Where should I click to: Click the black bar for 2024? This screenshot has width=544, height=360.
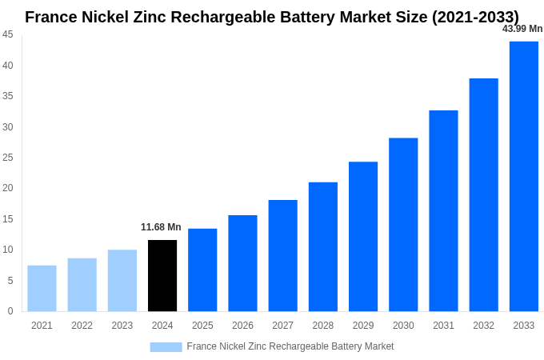162,275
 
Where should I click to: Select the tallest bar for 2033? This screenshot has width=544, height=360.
524,176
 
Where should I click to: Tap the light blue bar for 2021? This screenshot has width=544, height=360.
42,288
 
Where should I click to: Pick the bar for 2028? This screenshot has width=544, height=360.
323,246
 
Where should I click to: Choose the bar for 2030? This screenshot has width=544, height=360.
403,224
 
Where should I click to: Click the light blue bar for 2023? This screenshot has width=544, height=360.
122,280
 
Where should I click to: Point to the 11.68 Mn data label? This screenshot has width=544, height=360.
161,227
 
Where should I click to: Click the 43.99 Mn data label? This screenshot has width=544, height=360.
522,29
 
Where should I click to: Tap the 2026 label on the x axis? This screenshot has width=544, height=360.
242,326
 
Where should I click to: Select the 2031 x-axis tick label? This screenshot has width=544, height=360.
443,326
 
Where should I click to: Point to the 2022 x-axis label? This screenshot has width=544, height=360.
82,326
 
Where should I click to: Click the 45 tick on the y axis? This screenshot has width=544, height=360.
8,34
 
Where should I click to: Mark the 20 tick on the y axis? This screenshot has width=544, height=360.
8,188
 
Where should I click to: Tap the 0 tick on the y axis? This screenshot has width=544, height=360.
10,311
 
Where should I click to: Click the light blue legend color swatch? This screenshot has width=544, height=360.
166,346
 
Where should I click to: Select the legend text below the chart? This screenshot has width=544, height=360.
290,346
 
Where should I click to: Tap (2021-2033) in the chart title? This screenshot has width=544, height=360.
475,17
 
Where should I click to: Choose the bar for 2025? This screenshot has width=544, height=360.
202,270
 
